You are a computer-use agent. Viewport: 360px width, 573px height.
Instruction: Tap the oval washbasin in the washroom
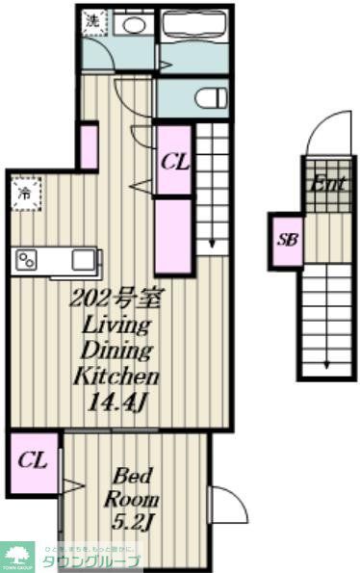tap(133, 25)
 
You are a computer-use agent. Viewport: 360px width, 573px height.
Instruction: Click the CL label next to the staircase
tap(174, 161)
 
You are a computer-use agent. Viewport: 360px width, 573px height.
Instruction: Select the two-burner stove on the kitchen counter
tap(25, 260)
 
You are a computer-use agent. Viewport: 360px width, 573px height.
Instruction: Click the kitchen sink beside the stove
tap(83, 259)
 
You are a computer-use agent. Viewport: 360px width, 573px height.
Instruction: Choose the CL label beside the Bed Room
tap(33, 459)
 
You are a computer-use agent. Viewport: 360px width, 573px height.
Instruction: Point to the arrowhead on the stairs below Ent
tap(327, 365)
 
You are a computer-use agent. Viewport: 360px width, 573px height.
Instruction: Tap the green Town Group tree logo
tap(17, 555)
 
